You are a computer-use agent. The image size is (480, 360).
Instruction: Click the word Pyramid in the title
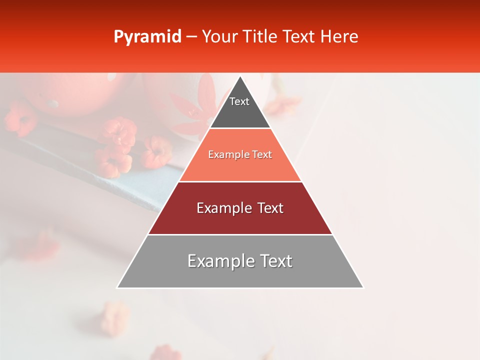(147, 37)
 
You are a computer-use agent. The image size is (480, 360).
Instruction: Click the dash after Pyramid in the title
(191, 37)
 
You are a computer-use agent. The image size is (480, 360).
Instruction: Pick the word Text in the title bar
(299, 36)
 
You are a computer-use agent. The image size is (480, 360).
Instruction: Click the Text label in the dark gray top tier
(239, 101)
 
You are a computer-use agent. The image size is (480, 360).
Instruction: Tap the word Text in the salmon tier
(262, 155)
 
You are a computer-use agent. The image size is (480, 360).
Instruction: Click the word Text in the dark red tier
(270, 208)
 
